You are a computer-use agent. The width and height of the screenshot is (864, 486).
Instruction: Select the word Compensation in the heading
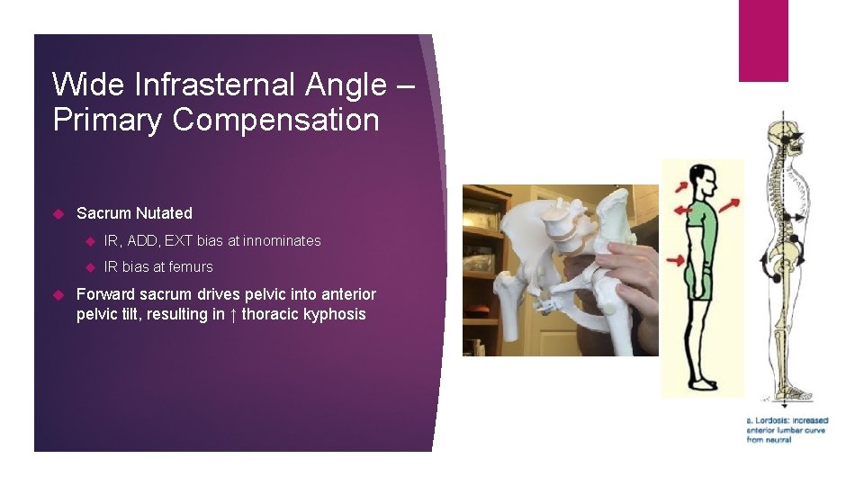[x=275, y=120]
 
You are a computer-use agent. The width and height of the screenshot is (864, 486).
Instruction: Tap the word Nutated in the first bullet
[x=164, y=213]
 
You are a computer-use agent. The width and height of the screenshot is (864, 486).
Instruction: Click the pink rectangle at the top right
[x=763, y=40]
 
